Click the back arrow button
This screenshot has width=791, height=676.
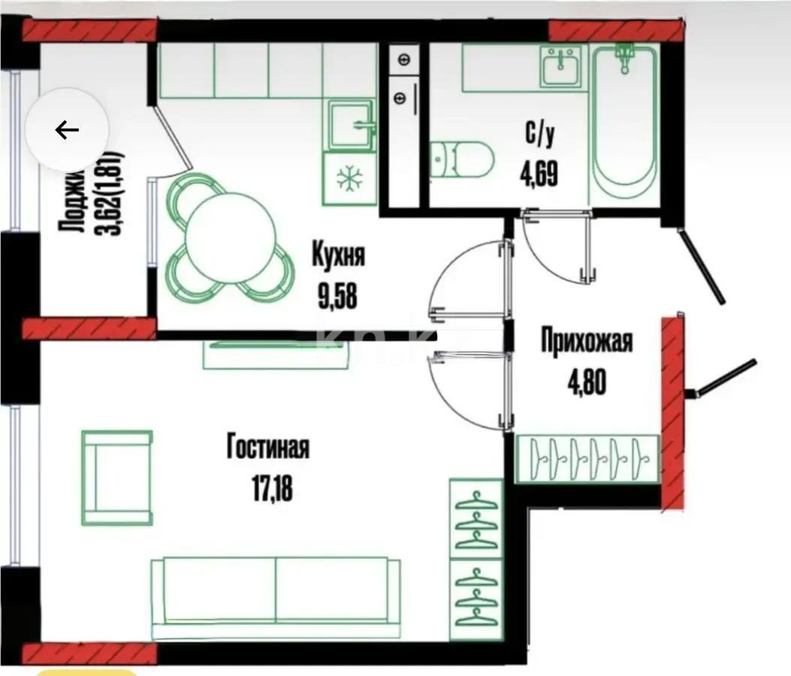coord(67,130)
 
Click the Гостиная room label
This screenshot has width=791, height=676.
coord(267,449)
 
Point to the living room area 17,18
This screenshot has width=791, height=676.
coord(267,489)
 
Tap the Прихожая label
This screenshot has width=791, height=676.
coord(587,342)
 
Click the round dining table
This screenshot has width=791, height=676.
coord(231,237)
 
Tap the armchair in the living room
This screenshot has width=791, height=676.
coord(117,478)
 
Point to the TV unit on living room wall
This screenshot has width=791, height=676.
coord(277,354)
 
